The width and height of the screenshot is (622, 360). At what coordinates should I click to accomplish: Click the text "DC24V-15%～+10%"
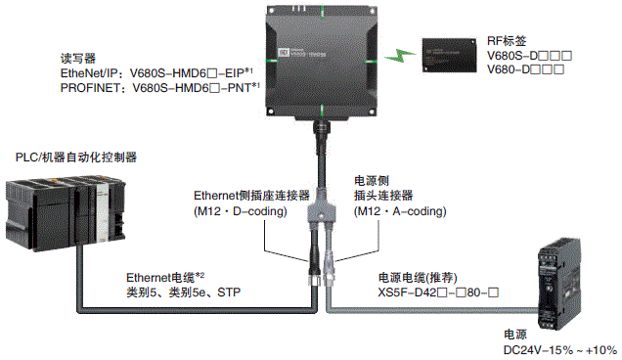coord(557,349)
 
